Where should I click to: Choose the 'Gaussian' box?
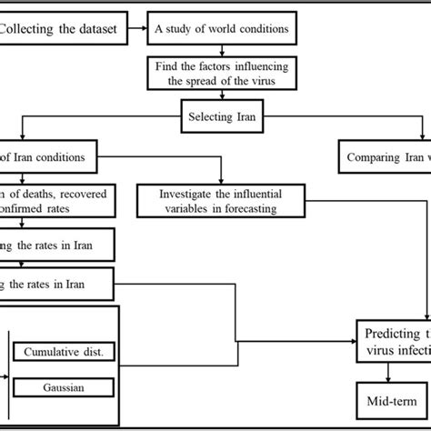63,387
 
